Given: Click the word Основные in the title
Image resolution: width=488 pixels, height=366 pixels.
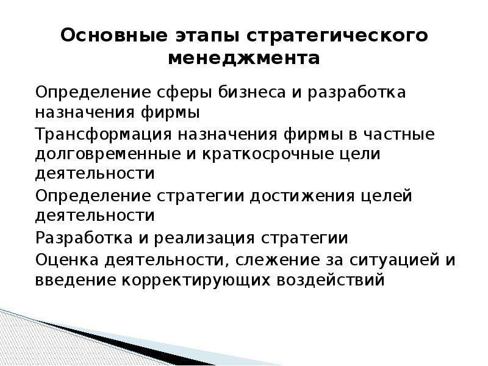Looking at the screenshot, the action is pos(114,35).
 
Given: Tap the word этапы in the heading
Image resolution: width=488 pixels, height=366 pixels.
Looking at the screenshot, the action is pos(207,37).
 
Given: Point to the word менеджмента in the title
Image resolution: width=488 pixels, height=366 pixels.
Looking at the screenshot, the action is pos(243,59).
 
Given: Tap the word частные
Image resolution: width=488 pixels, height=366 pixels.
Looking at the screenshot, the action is pos(400,134).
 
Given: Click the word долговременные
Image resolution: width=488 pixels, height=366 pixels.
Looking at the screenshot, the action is pos(108,155).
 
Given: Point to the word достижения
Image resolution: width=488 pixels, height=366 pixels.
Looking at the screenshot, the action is pos(301,196).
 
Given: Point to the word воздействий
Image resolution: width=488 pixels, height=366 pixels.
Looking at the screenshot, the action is pos(331,279).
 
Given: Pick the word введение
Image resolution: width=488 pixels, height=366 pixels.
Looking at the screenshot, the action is pos(74,280).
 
